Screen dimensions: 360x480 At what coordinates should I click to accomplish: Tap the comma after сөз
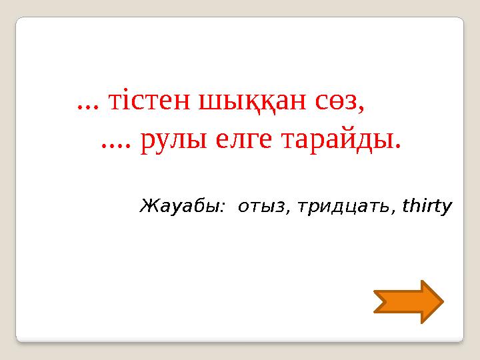[363, 109]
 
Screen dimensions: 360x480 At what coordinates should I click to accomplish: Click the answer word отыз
[261, 207]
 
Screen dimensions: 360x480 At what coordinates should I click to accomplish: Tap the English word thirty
[427, 206]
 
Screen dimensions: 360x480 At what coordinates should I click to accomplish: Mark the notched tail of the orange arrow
[379, 302]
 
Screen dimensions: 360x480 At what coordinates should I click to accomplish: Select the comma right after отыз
[288, 211]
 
